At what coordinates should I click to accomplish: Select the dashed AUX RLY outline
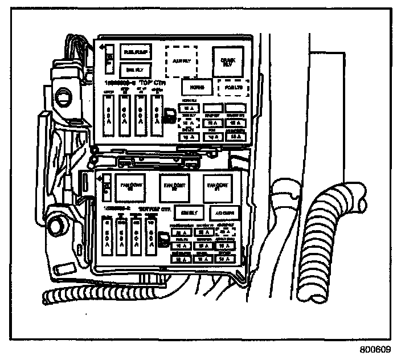point(185,60)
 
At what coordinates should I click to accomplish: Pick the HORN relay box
point(198,87)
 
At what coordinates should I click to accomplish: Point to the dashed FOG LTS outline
point(234,88)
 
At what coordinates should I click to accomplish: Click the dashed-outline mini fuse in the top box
point(187,122)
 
